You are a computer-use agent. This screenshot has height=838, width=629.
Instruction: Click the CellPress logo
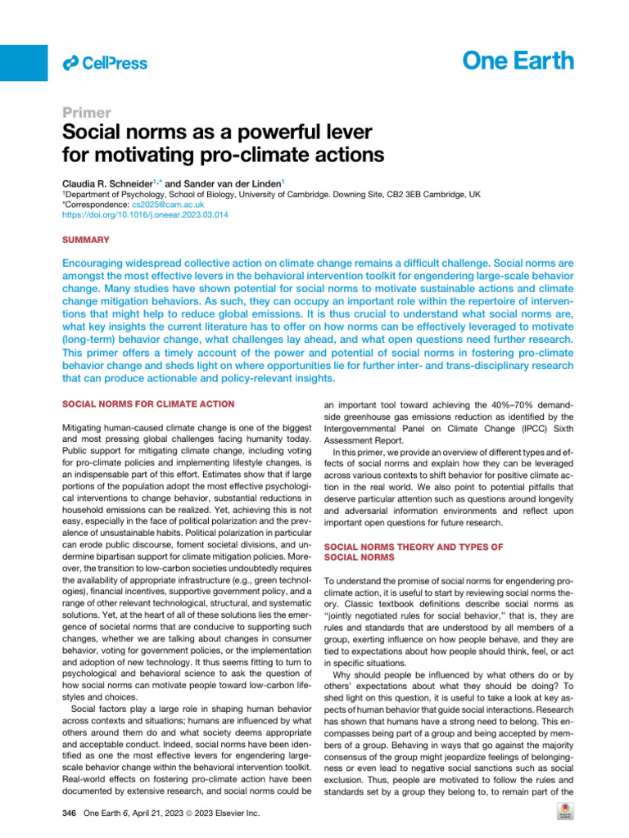(105, 63)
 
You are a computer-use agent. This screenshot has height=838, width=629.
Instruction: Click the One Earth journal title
(518, 61)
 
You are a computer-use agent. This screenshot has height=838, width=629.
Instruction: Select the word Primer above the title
(87, 113)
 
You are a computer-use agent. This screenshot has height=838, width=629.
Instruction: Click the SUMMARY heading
(88, 241)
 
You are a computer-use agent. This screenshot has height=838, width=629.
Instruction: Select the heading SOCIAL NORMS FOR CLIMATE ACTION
(149, 403)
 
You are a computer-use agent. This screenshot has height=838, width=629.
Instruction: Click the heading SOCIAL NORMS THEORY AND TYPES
(408, 547)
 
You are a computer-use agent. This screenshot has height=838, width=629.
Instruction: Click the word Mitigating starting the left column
(88, 427)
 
